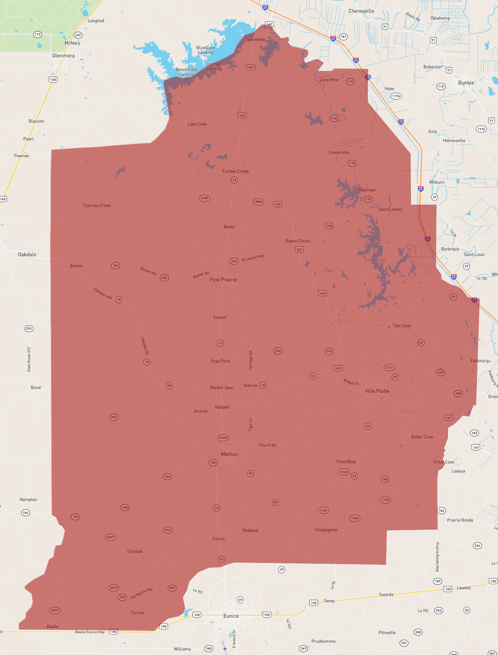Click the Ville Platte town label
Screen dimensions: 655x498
[x=377, y=391]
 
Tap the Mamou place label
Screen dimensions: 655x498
[x=229, y=454]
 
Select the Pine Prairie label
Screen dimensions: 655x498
[x=223, y=280]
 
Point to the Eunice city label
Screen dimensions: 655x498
[x=231, y=616]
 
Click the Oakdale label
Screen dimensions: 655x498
[x=27, y=254]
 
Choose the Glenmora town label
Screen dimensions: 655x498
[x=63, y=56]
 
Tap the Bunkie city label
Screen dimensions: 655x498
[x=466, y=83]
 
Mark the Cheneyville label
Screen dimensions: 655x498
[x=361, y=11]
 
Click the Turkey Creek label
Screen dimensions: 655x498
[x=235, y=171]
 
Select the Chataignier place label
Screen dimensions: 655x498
[x=326, y=530]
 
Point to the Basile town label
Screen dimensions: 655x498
[x=53, y=626]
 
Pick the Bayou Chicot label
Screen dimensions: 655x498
[x=298, y=241]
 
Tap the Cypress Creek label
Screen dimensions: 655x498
[x=97, y=206]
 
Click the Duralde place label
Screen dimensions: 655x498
[x=135, y=551]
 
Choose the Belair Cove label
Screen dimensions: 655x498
[x=422, y=437]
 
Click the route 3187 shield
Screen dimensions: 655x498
[x=204, y=198]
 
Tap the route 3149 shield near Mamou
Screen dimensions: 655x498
[x=223, y=438]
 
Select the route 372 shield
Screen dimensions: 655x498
[x=29, y=328]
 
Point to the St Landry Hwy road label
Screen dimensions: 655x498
[x=252, y=258]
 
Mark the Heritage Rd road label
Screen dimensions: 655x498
[x=250, y=360]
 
